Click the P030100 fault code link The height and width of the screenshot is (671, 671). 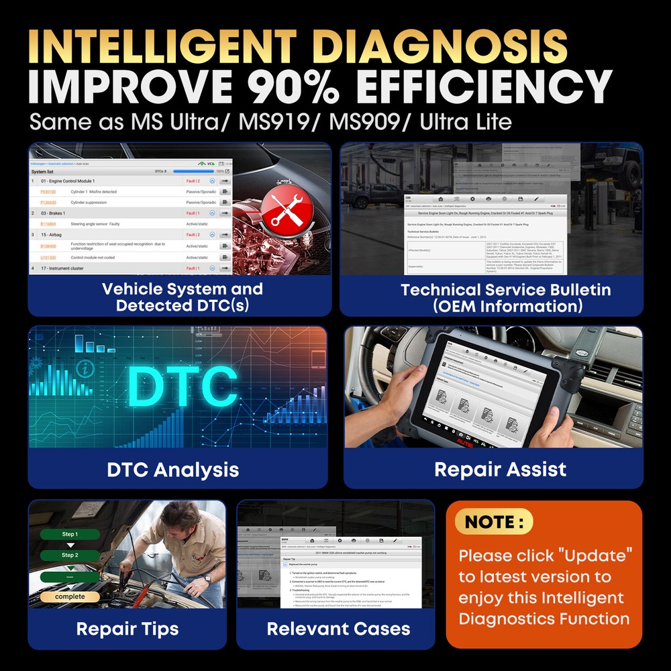point(48,192)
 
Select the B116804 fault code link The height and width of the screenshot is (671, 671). point(48,224)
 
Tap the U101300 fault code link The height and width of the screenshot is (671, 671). point(48,258)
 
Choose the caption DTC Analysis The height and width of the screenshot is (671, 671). point(172,469)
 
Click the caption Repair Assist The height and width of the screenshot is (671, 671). point(500,469)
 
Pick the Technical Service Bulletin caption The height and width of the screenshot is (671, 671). point(506,298)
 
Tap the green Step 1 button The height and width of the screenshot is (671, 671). point(70,534)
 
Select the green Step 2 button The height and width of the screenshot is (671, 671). point(70,555)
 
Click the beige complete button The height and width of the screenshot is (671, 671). point(70,597)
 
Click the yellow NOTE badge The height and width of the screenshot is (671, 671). point(494,521)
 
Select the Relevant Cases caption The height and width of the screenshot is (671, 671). point(338,629)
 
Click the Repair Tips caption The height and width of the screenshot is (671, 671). point(127,629)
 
